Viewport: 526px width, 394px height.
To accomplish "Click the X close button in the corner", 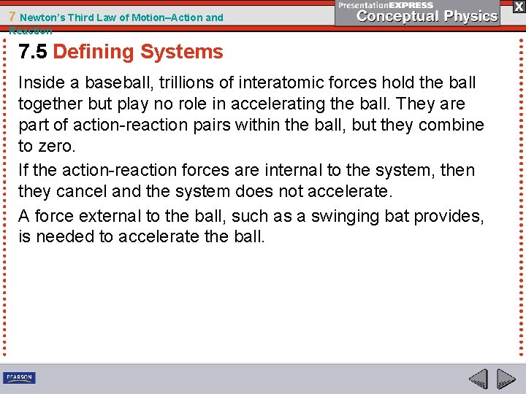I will (518, 6).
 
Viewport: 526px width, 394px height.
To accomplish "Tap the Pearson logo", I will (19, 377).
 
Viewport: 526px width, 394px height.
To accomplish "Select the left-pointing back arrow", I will (478, 379).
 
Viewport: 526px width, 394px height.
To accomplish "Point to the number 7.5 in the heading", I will (34, 52).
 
